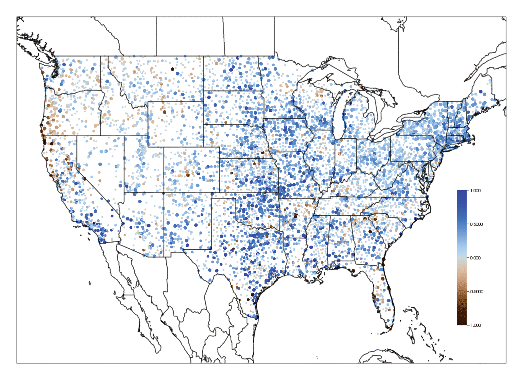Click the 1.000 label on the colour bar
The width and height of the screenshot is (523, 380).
[x=475, y=191]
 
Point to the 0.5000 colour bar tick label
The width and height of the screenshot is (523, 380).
[x=476, y=224]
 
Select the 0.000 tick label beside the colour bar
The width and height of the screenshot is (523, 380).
[x=475, y=258]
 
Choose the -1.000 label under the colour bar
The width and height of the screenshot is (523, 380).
[x=475, y=325]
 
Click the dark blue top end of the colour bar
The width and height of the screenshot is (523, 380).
[x=462, y=192]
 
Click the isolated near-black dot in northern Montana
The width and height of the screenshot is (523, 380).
[x=173, y=69]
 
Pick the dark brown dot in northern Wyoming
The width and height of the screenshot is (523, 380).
[x=165, y=112]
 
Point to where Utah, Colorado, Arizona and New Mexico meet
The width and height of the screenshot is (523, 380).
[x=164, y=193]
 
